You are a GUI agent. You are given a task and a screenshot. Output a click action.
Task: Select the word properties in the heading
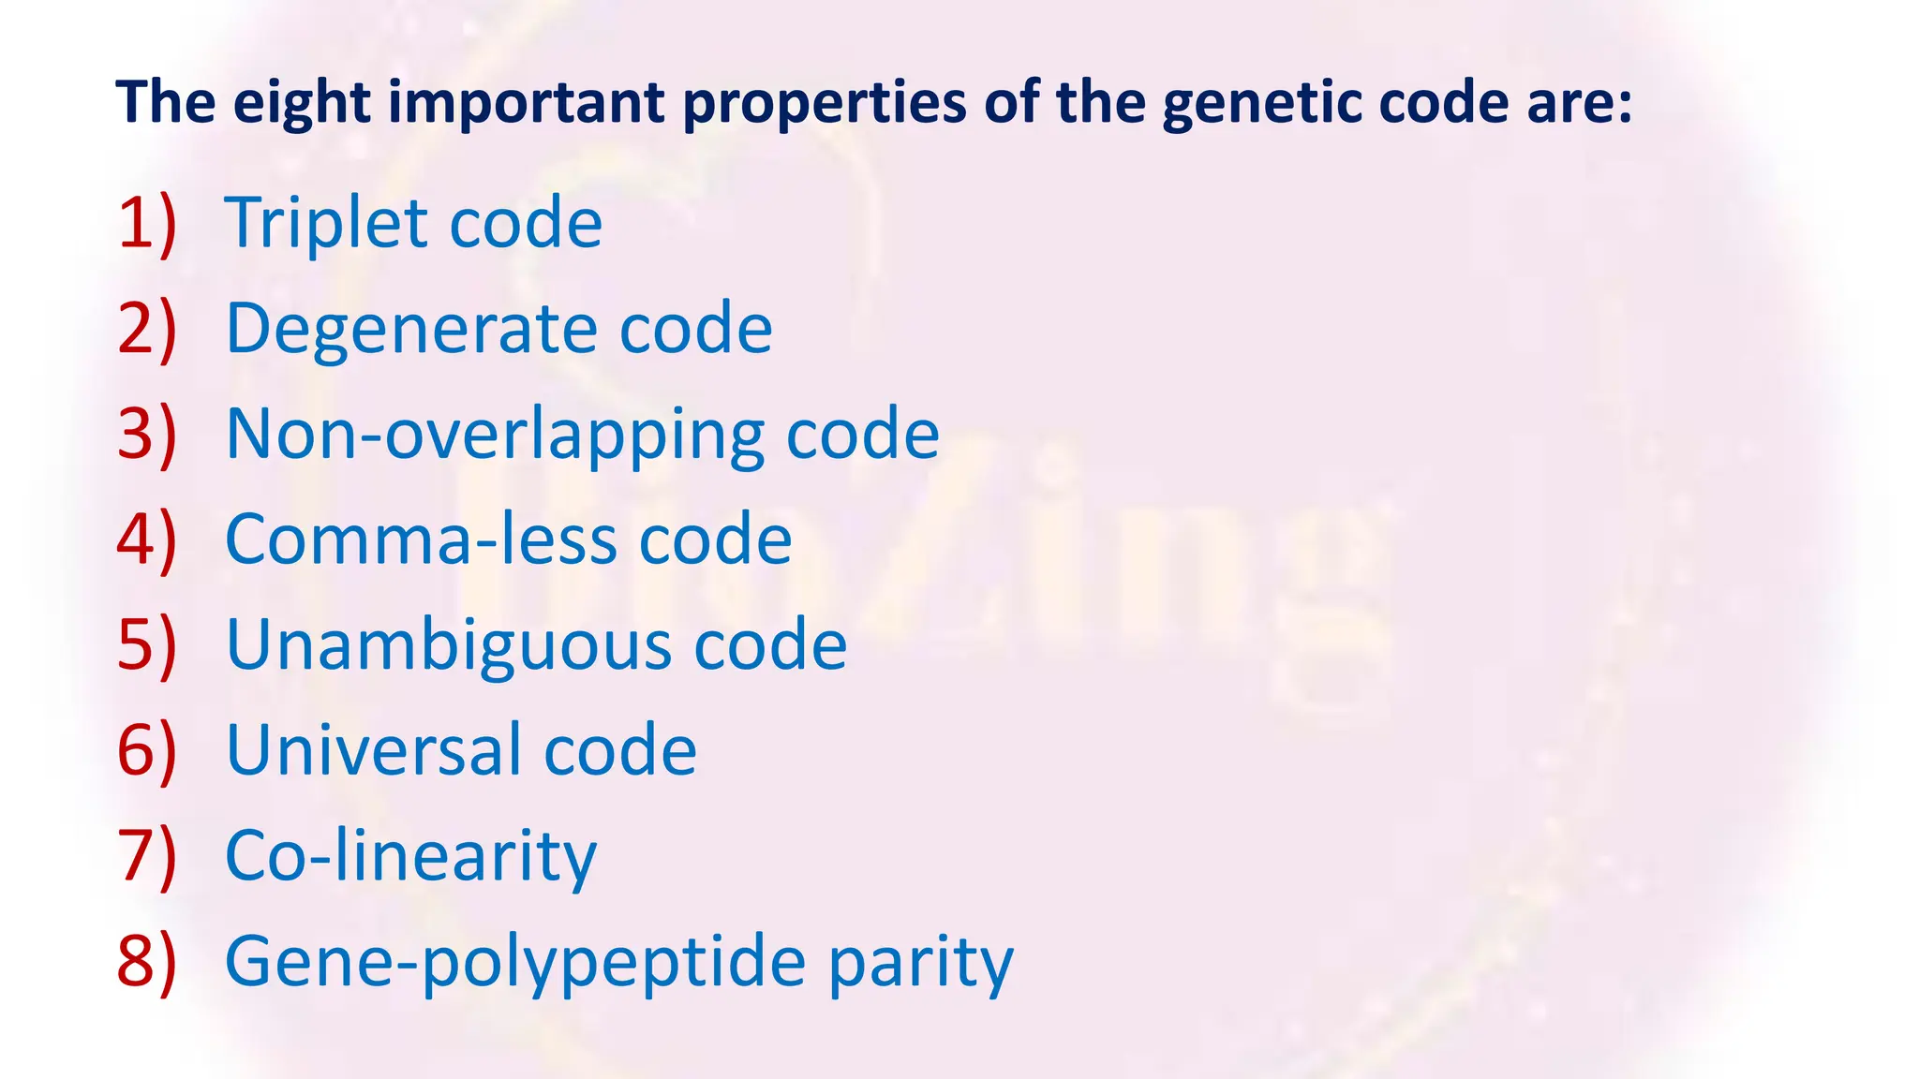[824, 103]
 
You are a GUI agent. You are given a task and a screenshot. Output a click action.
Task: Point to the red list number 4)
[147, 540]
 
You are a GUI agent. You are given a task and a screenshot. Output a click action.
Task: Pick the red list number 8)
[147, 962]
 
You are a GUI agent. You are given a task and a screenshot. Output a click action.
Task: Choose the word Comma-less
[422, 540]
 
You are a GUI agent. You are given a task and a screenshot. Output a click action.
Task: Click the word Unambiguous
[449, 646]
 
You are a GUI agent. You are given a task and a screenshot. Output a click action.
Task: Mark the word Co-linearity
[410, 857]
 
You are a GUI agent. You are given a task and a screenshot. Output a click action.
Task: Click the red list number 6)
[147, 751]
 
